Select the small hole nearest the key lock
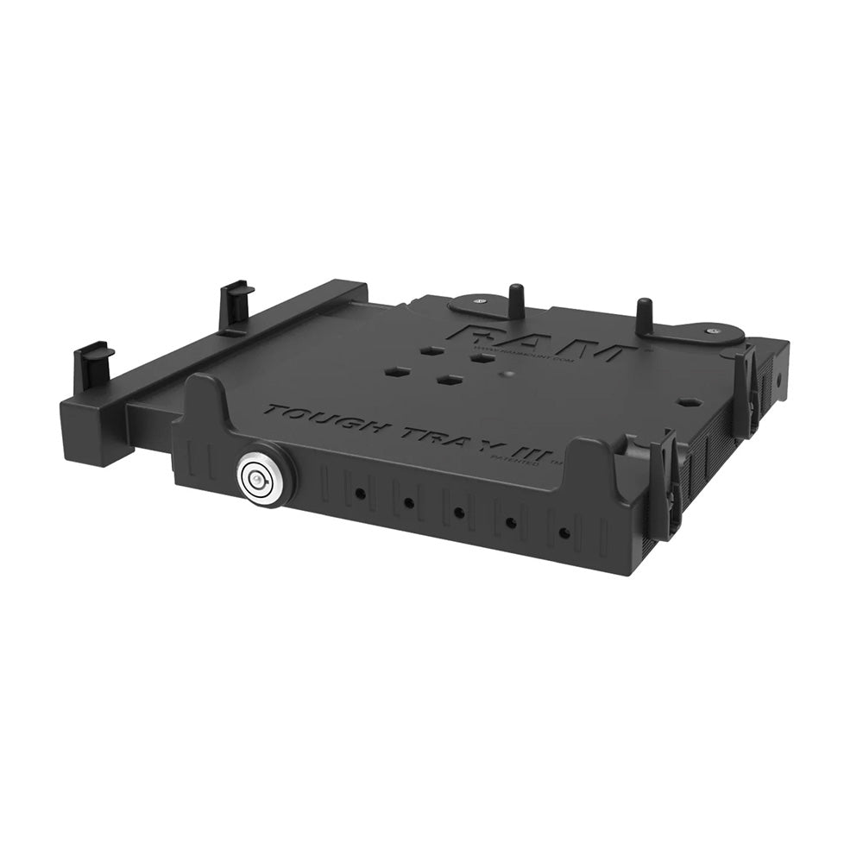(x=358, y=494)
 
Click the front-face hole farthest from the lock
(x=564, y=533)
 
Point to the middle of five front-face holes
(x=459, y=513)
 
